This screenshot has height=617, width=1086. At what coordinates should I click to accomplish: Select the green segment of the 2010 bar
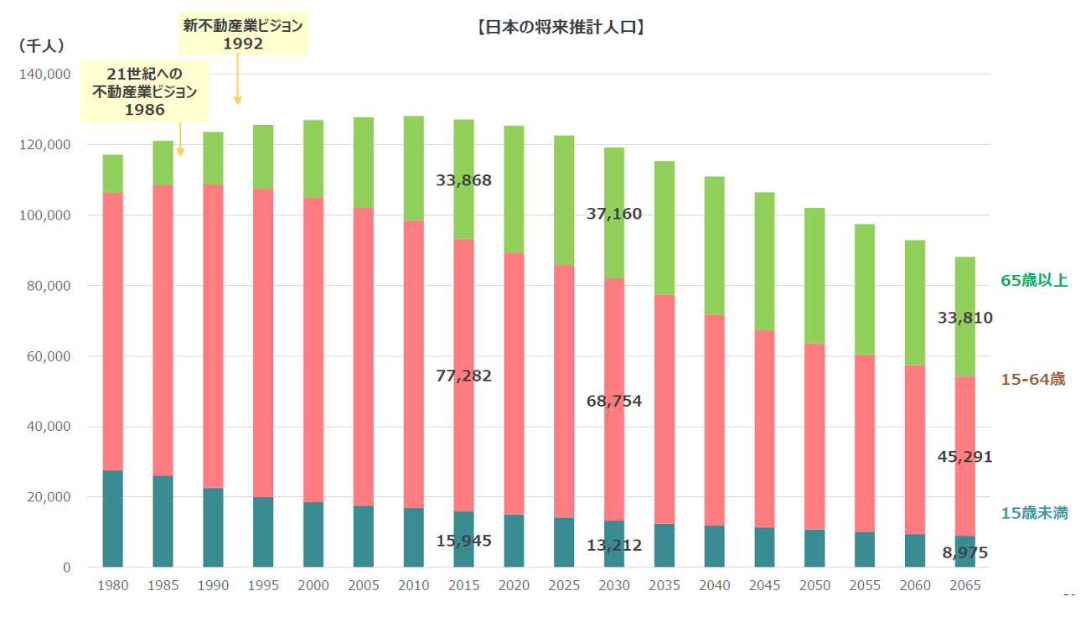click(x=413, y=168)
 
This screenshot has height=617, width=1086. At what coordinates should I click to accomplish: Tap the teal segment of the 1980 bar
click(x=112, y=518)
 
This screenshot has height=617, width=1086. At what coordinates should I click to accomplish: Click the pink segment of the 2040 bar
click(x=714, y=419)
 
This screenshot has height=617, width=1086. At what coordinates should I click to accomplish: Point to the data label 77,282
click(x=463, y=376)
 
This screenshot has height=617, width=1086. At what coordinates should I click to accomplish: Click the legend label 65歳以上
click(x=1034, y=281)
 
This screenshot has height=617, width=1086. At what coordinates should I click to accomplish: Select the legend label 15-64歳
click(x=1032, y=380)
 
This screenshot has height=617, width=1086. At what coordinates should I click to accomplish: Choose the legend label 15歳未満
click(x=1034, y=513)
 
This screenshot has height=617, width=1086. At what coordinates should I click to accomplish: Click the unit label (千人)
click(x=41, y=46)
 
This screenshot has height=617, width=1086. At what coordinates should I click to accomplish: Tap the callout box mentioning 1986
click(x=144, y=91)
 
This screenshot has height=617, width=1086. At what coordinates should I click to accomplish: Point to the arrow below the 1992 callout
click(x=238, y=80)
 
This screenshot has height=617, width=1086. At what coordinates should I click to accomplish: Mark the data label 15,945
click(x=463, y=541)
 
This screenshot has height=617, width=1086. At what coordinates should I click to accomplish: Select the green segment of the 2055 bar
click(x=865, y=289)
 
